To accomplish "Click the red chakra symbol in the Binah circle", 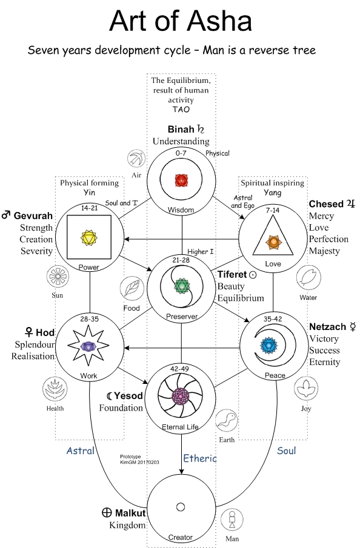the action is (x=181, y=180).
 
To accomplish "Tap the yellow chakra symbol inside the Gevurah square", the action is (x=89, y=238).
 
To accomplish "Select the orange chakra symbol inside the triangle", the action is (x=273, y=242).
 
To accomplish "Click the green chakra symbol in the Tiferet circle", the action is (x=182, y=286).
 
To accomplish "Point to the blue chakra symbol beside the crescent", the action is (x=268, y=346).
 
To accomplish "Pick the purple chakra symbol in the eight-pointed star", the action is (x=88, y=346).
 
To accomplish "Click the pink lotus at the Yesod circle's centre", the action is (x=181, y=397).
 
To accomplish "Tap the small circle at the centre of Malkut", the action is (x=181, y=507).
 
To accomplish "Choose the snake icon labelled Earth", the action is (x=226, y=420).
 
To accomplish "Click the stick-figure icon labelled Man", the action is (x=232, y=520).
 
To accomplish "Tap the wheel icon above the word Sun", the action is (x=58, y=277).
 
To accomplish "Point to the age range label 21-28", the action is (x=181, y=260).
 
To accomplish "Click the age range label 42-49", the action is (x=179, y=369).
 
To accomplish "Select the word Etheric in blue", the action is (x=200, y=458).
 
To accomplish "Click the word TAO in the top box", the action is (x=181, y=110).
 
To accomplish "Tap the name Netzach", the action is (x=327, y=327).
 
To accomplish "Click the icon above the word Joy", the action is (x=306, y=389).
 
